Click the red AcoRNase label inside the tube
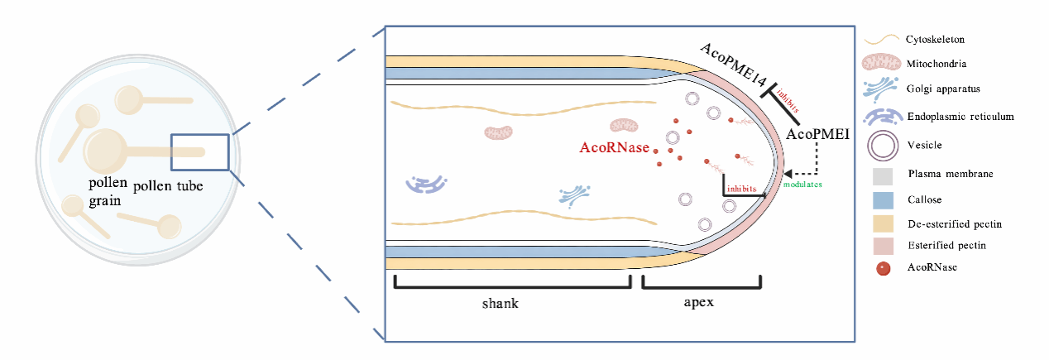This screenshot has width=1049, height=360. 614,147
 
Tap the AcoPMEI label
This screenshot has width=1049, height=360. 817,135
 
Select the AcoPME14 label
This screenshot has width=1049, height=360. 734,65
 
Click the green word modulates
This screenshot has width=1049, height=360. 802,185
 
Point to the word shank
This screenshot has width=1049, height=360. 501,303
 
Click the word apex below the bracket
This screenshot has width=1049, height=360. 699,302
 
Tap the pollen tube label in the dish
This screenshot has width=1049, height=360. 168,186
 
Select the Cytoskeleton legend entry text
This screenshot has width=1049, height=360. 935,40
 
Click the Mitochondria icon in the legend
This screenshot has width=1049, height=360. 882,62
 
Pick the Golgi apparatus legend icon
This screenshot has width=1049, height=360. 880,89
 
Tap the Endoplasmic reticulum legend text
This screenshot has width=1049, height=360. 960,117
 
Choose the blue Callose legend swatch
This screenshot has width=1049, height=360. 883,200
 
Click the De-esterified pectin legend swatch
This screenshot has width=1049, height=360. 883,224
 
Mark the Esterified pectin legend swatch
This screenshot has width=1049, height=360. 883,246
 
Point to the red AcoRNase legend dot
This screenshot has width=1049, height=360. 884,269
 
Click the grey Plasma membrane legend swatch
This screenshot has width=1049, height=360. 883,176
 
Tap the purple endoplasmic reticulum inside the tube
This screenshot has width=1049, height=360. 426,185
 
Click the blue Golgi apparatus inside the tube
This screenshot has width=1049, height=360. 574,196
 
